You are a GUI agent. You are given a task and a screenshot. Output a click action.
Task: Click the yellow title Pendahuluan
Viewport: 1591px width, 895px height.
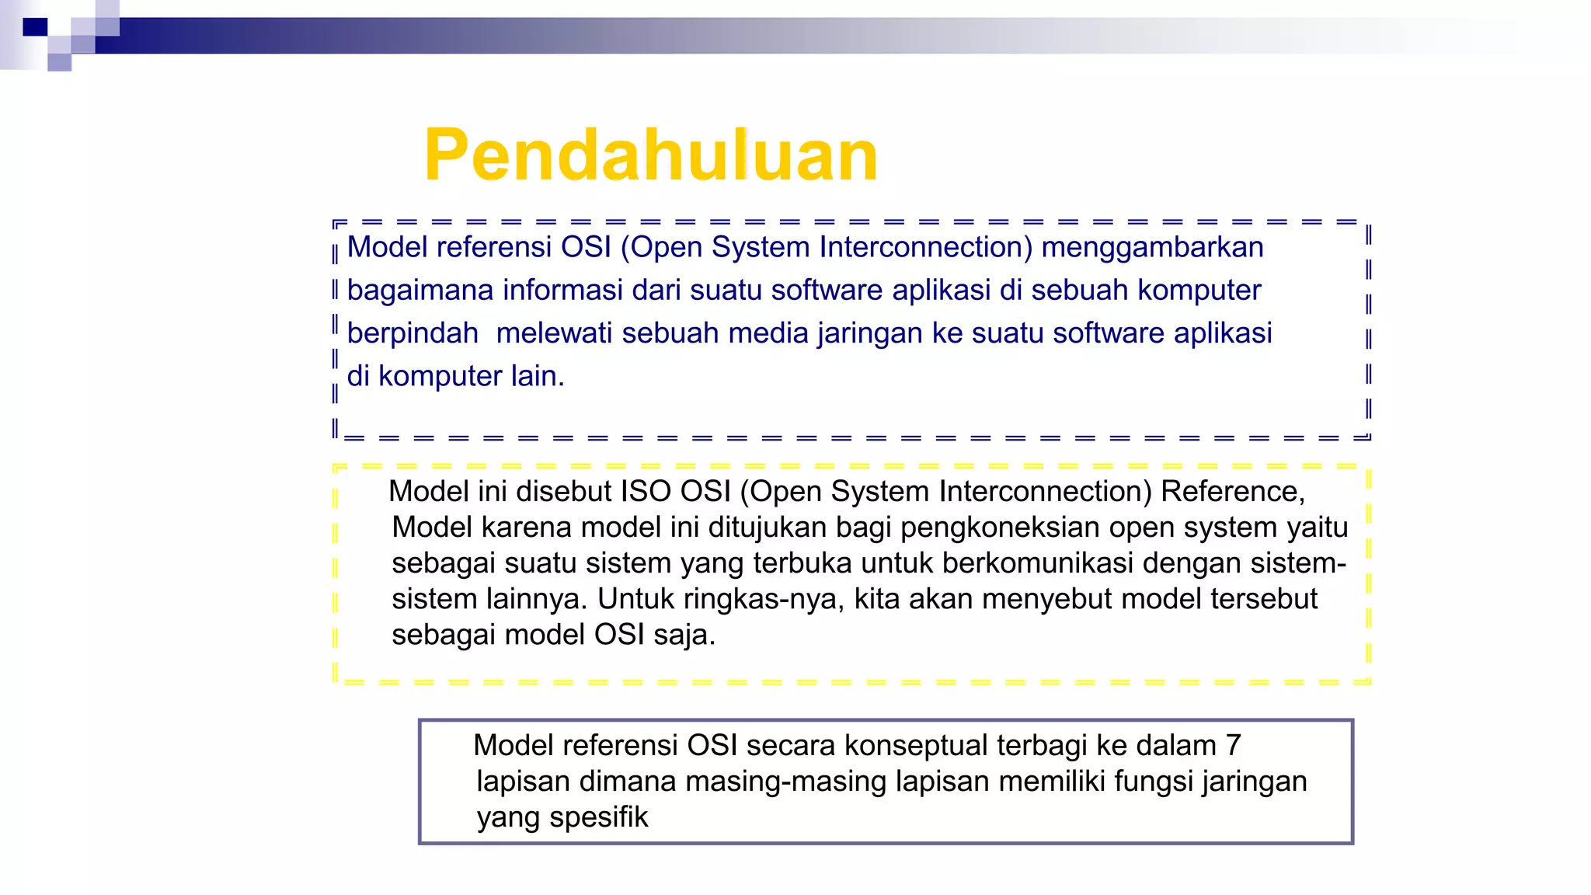(x=651, y=155)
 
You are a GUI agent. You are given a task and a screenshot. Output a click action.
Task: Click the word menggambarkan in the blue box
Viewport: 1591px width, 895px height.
(x=1152, y=247)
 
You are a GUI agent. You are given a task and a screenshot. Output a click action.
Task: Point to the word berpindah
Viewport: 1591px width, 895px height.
(x=413, y=333)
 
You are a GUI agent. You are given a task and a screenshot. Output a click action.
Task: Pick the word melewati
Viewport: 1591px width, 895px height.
(x=555, y=333)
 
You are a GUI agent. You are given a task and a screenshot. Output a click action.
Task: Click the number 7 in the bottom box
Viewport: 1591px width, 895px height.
(x=1233, y=746)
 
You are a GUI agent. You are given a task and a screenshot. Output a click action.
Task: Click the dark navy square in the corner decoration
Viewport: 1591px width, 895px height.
(x=35, y=27)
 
